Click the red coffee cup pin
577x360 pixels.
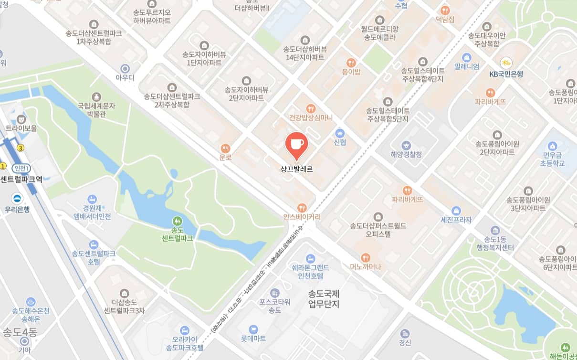coord(296,145)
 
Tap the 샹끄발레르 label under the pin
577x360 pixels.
coord(296,169)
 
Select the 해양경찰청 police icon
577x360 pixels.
coord(406,145)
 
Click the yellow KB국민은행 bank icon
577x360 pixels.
coord(506,63)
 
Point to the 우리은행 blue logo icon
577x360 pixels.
coord(17,199)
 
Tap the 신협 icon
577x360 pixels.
coord(340,133)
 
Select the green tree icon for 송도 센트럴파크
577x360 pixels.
coord(177,221)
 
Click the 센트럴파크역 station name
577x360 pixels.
coord(21,180)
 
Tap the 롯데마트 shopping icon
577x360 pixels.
coord(253,329)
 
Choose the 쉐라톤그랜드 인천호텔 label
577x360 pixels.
coord(311,271)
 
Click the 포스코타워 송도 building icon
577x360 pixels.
coord(274,293)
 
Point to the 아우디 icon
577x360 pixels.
coord(125,68)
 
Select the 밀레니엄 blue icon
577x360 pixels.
coord(466,57)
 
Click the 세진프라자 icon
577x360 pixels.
coord(456,211)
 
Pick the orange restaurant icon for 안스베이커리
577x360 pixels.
coord(302,208)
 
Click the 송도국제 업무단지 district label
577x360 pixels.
coord(324,299)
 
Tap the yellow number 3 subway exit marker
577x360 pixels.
coord(20,148)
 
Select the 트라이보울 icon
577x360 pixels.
coord(21,119)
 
